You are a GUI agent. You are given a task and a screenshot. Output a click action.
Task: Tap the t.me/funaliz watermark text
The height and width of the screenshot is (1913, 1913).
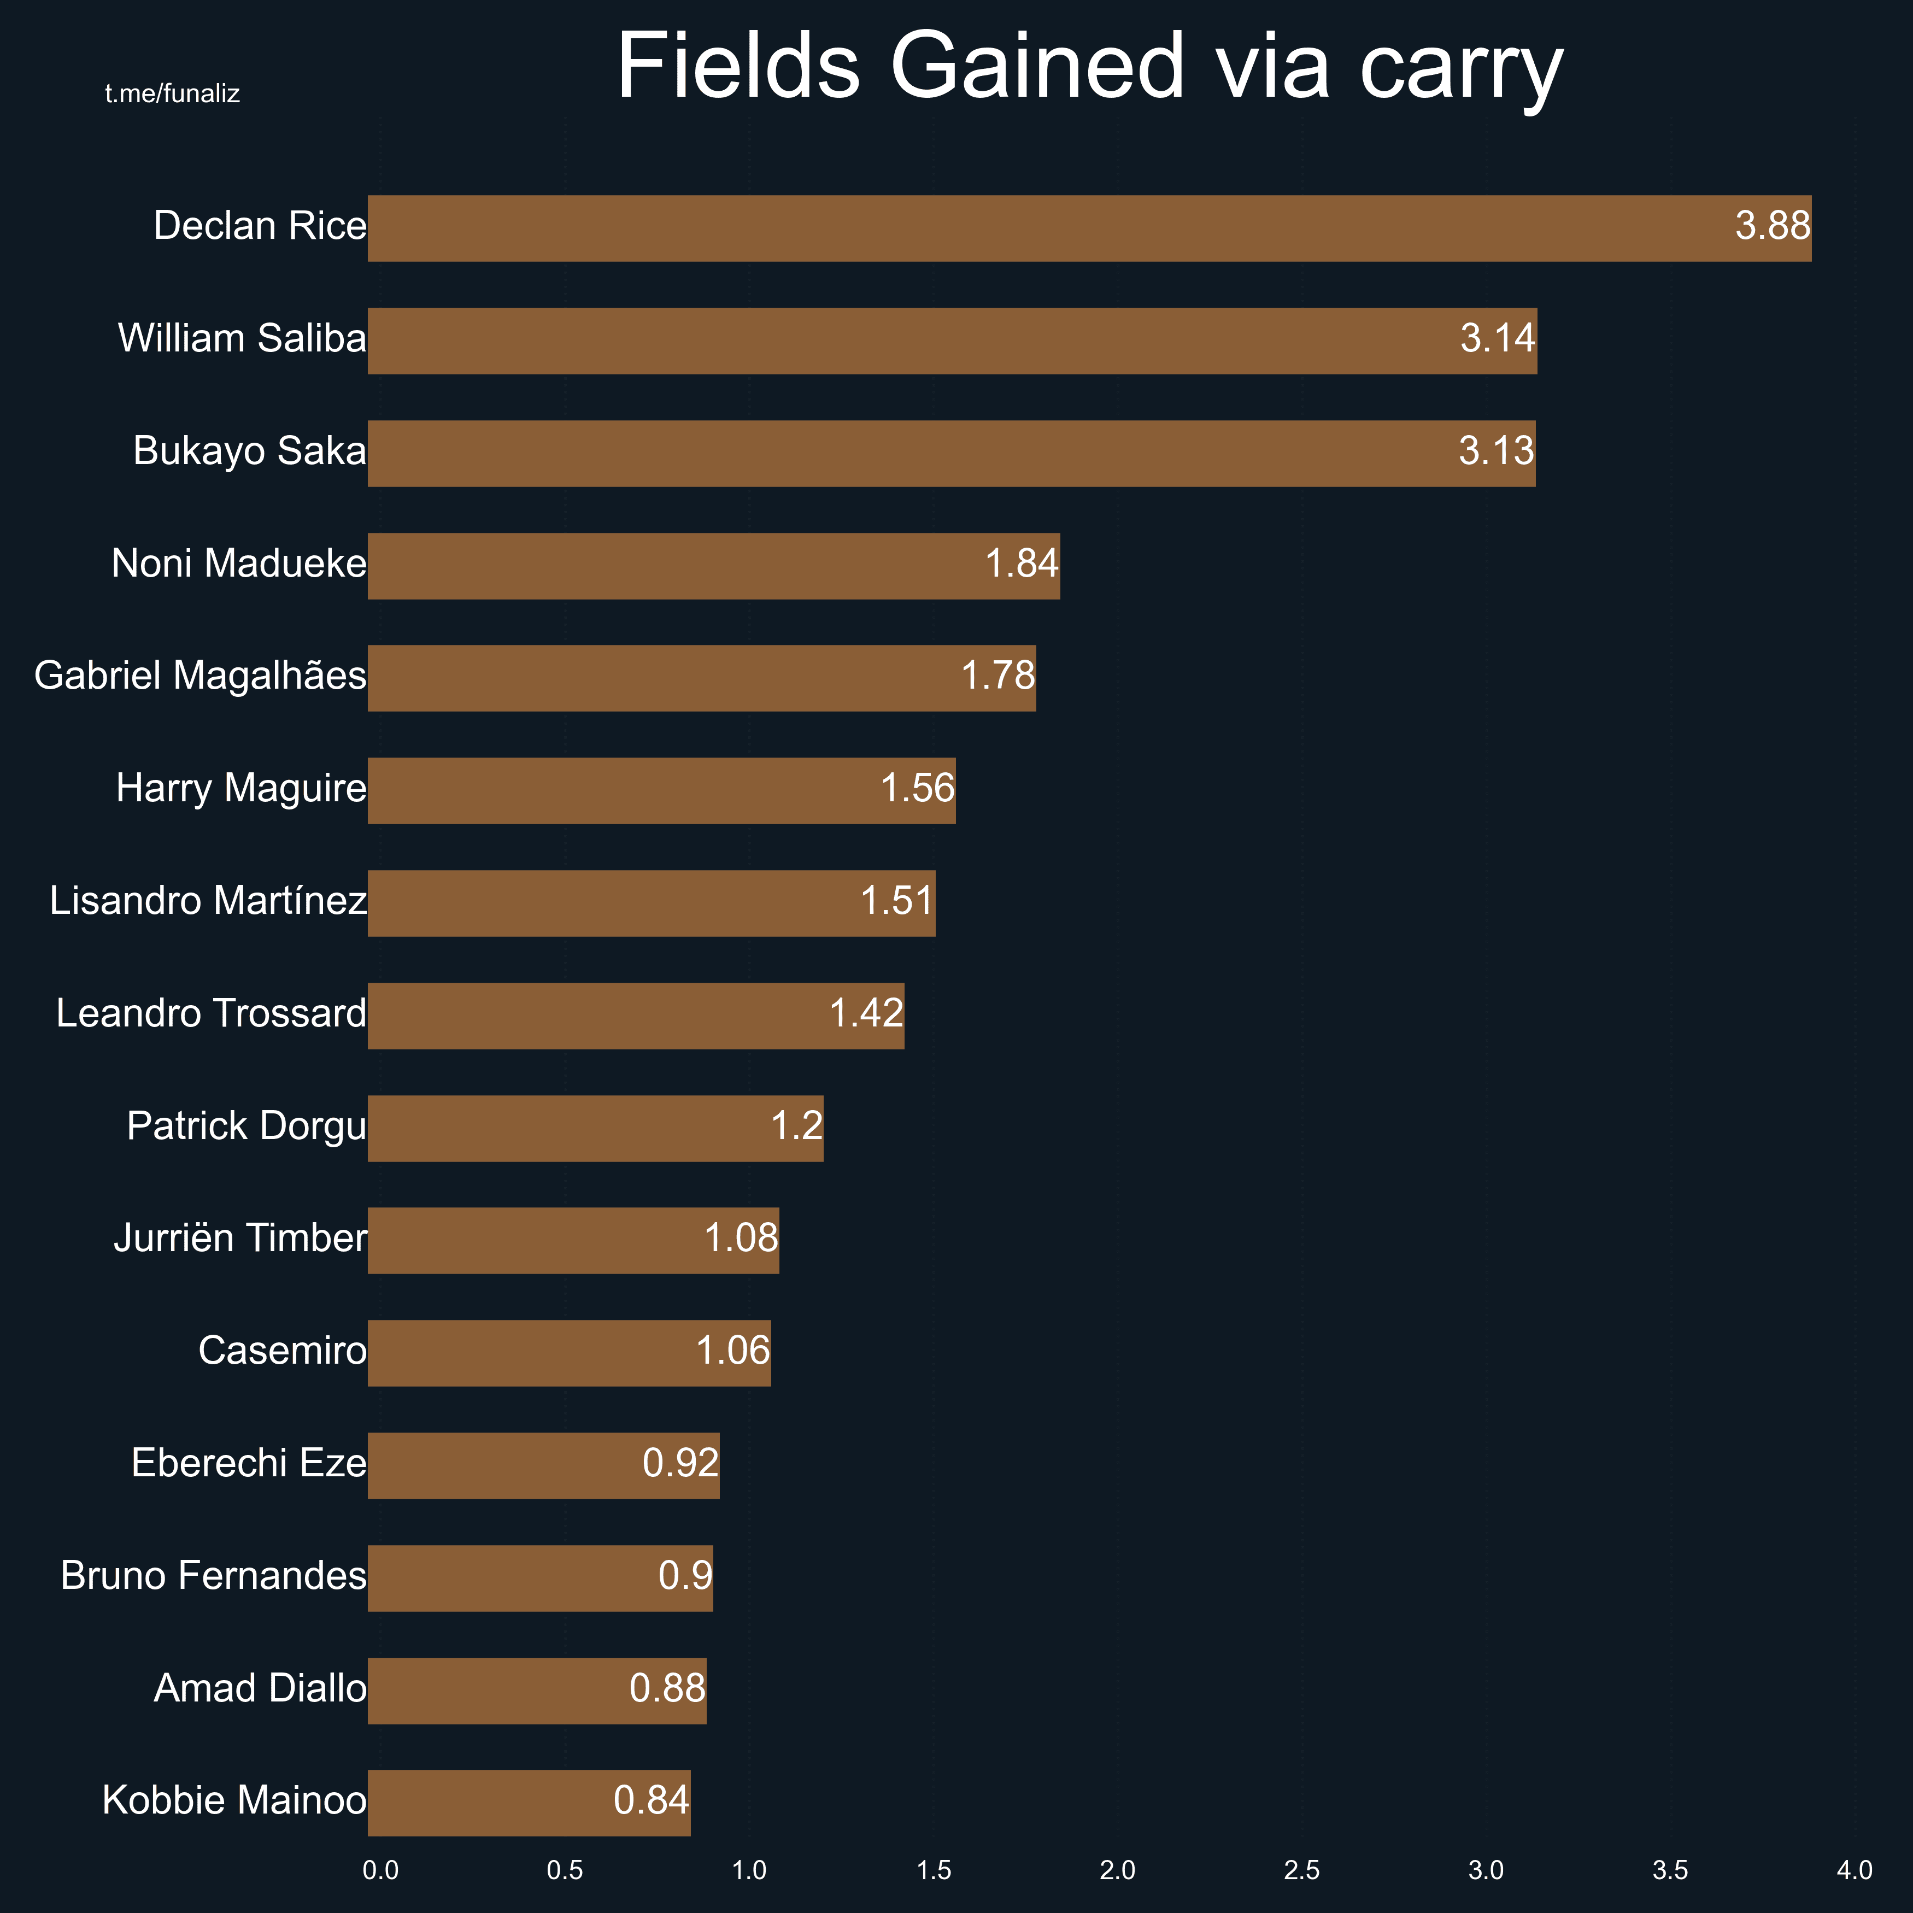172,94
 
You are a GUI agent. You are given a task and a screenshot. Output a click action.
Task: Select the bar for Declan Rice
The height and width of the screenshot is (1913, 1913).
1089,228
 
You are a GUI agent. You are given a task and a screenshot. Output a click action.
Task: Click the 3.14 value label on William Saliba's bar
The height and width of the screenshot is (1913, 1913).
1497,339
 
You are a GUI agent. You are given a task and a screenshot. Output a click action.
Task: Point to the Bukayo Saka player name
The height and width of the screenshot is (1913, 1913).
250,450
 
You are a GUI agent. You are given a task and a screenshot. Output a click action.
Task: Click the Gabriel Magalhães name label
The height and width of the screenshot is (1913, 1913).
200,676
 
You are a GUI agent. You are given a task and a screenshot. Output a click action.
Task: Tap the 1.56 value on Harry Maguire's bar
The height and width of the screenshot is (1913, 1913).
917,788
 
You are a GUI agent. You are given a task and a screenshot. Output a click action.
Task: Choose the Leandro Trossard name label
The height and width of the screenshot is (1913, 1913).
211,1013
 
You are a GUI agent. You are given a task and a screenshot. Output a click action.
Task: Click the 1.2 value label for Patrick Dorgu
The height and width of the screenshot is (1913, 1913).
796,1126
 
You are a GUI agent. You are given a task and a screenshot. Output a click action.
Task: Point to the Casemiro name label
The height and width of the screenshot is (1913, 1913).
282,1351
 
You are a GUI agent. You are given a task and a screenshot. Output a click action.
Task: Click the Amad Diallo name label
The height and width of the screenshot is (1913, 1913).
260,1688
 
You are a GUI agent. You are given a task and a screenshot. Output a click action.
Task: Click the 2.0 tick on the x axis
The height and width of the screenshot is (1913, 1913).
1118,1870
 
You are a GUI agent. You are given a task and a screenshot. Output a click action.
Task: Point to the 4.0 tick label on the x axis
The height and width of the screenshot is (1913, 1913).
1855,1870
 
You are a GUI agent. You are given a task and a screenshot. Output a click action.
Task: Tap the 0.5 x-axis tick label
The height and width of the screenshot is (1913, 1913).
565,1870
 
